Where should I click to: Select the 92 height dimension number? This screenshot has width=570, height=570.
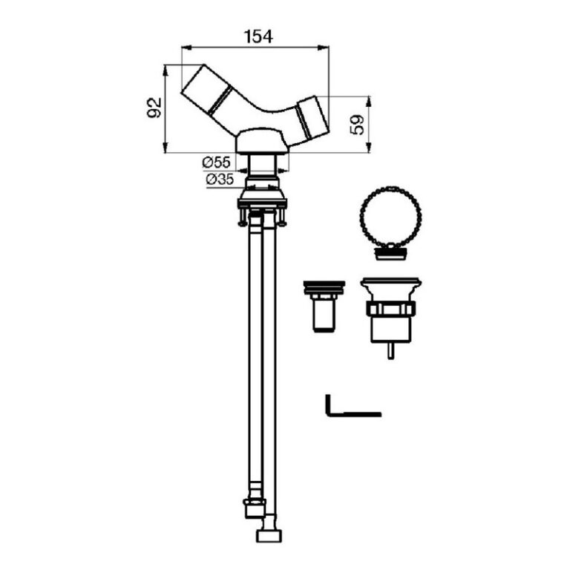coord(153,109)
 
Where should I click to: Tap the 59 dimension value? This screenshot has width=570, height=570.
coord(357,125)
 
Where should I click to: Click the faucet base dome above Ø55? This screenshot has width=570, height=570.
coord(259,139)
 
